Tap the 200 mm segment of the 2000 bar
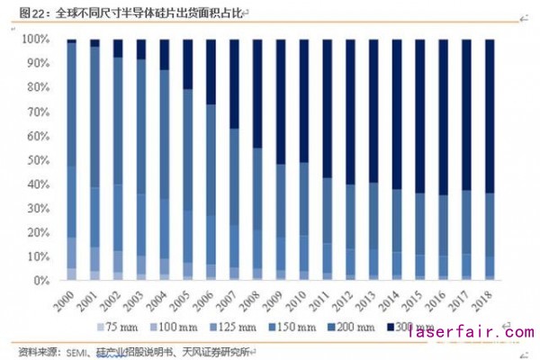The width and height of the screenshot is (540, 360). [x=71, y=103]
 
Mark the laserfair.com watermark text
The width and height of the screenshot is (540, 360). [x=469, y=333]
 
